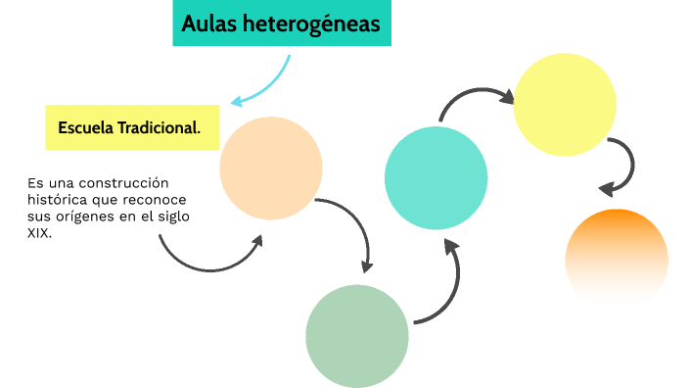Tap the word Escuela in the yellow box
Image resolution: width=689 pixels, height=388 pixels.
[85, 128]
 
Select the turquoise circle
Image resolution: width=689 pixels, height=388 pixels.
[436, 177]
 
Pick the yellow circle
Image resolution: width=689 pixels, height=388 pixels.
[564, 104]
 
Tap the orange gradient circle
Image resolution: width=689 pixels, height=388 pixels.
[617, 260]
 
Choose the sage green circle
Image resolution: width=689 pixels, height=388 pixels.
[356, 335]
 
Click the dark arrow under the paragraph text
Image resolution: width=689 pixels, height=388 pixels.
[206, 258]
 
